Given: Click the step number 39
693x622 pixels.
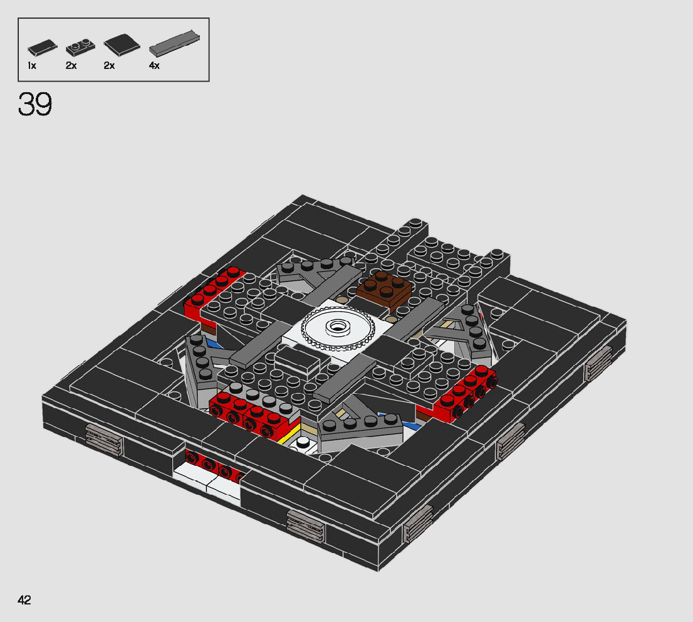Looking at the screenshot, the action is pos(35,105).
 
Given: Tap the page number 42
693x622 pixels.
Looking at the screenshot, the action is pos(24,600).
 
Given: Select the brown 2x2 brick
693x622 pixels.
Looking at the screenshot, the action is pos(384,287).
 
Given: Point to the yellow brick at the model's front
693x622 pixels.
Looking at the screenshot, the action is pos(289,435).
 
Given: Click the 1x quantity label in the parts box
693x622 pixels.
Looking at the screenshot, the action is pos(32,65).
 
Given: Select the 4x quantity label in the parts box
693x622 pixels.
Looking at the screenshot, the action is pos(154,65).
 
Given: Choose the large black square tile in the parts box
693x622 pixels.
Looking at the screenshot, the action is pos(122,44).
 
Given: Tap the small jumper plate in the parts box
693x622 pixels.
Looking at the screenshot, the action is pos(80,47).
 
